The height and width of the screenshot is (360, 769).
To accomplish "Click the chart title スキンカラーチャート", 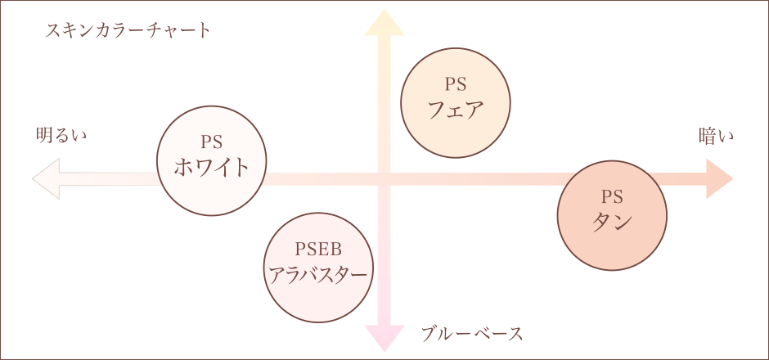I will coord(128,31).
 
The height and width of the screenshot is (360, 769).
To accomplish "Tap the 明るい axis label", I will coord(61,135).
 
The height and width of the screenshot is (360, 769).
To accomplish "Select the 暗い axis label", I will coord(716,135).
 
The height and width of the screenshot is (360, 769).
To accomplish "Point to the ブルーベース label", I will coord(472,333).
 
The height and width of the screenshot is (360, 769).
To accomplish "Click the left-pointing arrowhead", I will coord(45,179).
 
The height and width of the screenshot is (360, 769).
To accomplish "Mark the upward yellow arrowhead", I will coord(384,23).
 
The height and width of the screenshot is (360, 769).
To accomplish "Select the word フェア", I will coord(456,109).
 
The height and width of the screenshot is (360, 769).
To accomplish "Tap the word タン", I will coord(612,222).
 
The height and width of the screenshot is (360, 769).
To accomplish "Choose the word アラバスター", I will coord(318,274).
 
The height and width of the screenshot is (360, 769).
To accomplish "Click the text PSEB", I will coord(317,248).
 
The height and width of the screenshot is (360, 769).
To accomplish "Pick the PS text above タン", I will coord(612,196).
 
